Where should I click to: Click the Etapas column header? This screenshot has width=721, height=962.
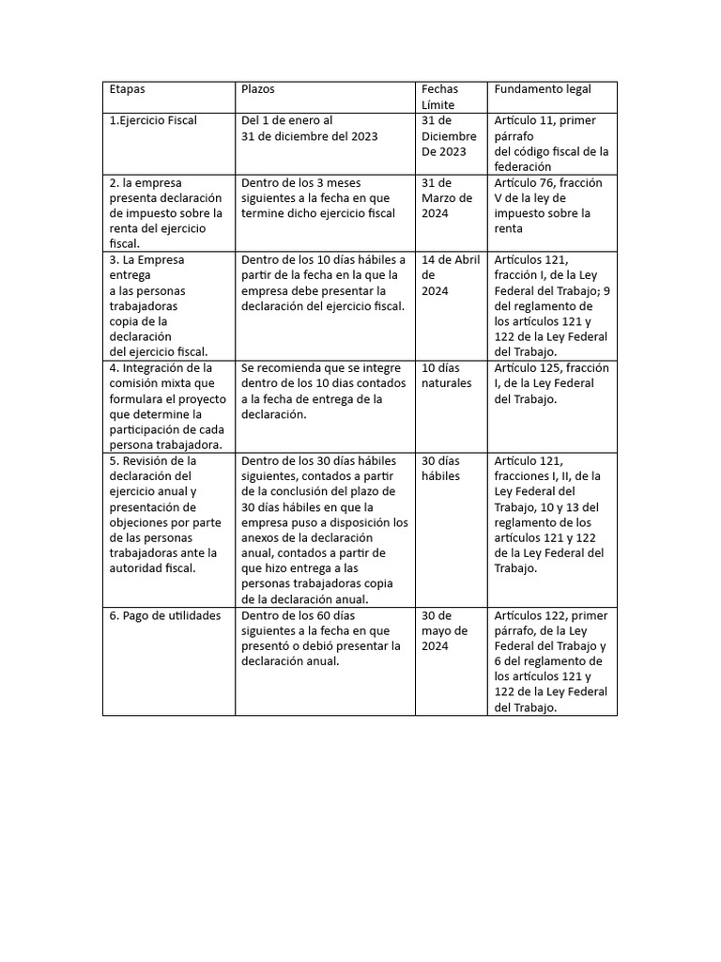pos(128,89)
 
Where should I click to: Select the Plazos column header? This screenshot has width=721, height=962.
pos(258,89)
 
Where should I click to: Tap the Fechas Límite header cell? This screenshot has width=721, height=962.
pos(440,96)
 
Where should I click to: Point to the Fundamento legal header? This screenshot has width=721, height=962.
pos(543,89)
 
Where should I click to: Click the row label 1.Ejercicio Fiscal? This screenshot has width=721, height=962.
pos(153,121)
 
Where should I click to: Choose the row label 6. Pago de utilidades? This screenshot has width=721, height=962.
pos(165,615)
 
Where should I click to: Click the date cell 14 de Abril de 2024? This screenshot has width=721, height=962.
pos(451,275)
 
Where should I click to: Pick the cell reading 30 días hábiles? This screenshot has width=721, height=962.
pos(441,468)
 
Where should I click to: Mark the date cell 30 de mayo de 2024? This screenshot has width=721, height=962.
pos(444,630)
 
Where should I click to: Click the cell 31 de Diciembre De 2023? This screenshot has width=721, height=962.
pos(449,135)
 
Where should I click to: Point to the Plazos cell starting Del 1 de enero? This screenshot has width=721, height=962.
pos(310,128)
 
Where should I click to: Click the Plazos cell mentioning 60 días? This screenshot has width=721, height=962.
pos(321,638)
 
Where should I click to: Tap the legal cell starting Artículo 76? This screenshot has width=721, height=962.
pos(548,205)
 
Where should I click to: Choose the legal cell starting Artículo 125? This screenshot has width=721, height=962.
pos(551,383)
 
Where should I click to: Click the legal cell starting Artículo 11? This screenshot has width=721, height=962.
pos(551,143)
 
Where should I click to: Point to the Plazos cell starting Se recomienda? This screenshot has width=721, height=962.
pos(322,391)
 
